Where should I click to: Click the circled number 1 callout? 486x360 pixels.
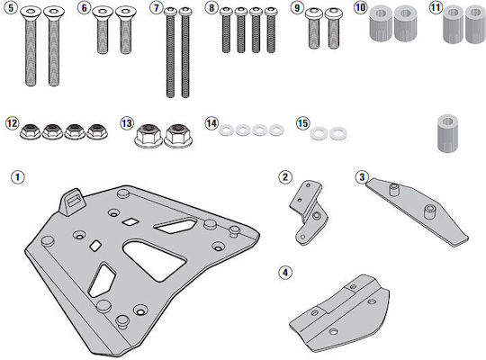[17, 177]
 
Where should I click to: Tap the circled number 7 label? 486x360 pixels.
[156, 7]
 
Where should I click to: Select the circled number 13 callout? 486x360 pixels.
[127, 123]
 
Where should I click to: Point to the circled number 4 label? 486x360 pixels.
[285, 273]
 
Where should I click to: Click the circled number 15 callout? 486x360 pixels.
[302, 123]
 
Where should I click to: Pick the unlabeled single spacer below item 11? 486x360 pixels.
[447, 133]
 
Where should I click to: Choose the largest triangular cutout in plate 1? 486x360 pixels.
[154, 260]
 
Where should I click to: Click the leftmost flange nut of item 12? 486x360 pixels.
[30, 131]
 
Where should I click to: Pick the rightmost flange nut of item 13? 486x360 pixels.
[177, 136]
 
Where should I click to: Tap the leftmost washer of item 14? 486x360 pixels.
[227, 130]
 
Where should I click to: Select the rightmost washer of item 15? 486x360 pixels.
[338, 133]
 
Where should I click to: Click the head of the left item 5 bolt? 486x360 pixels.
[31, 12]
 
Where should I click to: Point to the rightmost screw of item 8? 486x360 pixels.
[271, 30]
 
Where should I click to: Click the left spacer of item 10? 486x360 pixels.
[381, 24]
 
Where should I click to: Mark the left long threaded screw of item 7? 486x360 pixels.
[170, 52]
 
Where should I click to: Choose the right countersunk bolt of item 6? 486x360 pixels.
[125, 30]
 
